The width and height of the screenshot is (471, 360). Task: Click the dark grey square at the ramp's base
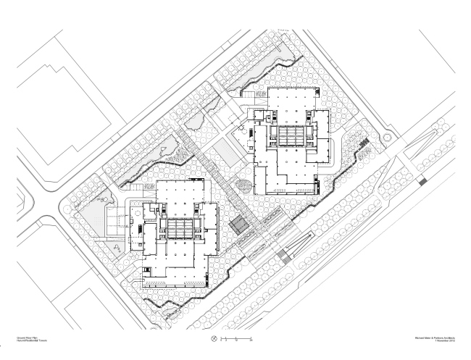284,255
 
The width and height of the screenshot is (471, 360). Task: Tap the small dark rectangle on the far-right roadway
423,183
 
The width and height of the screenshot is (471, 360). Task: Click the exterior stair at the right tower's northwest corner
247,96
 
